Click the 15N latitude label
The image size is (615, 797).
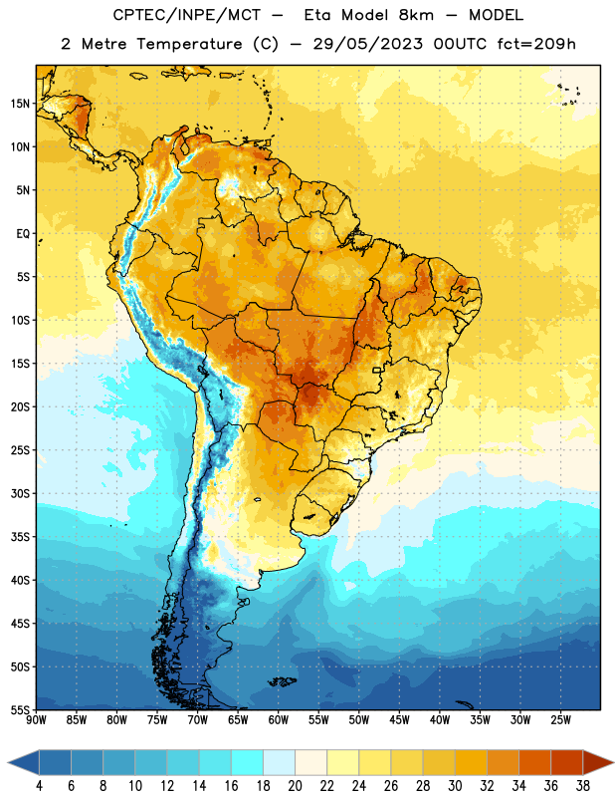[x=20, y=104]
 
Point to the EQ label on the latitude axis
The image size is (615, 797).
[x=23, y=234]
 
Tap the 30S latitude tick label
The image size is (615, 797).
[x=20, y=493]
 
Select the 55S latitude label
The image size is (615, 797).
[x=20, y=710]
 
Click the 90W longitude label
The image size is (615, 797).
[x=37, y=719]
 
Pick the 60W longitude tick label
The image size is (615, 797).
[x=279, y=719]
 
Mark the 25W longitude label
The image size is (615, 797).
[x=560, y=719]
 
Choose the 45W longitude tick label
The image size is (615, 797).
[x=400, y=719]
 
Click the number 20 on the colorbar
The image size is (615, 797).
[x=295, y=786]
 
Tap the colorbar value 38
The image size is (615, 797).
[x=582, y=786]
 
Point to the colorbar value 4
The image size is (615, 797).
[x=39, y=786]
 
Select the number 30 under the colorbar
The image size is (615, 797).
[x=455, y=786]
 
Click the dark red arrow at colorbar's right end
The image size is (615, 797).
[x=597, y=762]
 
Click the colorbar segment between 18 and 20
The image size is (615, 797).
[x=279, y=762]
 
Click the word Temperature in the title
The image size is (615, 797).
[x=189, y=44]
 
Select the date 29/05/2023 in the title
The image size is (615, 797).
[x=367, y=44]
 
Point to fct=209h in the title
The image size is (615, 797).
[x=536, y=44]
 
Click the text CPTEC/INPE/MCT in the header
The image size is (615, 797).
[x=186, y=15]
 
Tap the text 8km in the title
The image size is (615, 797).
[x=416, y=15]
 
